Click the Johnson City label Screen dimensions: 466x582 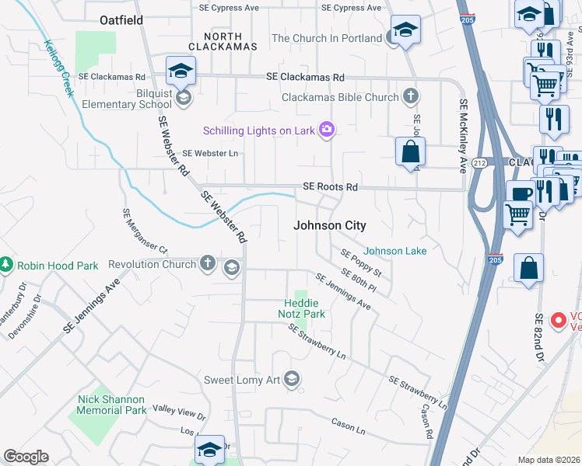click(329, 225)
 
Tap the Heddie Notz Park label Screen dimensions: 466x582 click(302, 308)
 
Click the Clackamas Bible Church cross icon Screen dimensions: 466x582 click(411, 97)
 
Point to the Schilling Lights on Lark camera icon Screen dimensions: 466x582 click(327, 130)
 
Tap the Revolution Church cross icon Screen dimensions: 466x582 click(208, 263)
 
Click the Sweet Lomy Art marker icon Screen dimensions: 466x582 click(292, 379)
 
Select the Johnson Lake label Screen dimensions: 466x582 click(395, 251)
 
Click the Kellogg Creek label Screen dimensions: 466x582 click(59, 68)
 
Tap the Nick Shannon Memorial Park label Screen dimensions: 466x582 click(112, 404)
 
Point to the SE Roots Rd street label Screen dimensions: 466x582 click(330, 187)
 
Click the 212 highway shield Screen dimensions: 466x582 click(479, 162)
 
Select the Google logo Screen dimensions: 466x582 click(26, 456)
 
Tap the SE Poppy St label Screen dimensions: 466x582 click(361, 263)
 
